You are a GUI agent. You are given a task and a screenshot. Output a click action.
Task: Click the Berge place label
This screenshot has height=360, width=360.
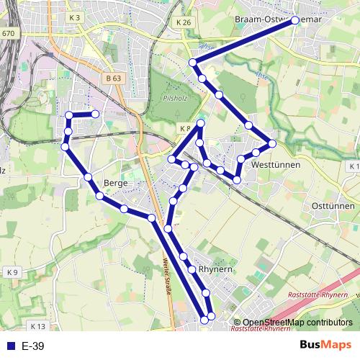(115, 183)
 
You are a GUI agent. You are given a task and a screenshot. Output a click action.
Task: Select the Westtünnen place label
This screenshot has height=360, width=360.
(276, 165)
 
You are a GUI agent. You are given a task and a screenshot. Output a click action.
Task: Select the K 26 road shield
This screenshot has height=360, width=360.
(183, 22)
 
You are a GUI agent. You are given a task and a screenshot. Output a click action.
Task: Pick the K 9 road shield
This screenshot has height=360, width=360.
(12, 272)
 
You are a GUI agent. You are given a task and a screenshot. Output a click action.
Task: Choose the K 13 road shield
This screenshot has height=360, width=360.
(37, 325)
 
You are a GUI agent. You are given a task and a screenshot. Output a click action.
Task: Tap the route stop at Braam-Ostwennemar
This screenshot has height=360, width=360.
(295, 21)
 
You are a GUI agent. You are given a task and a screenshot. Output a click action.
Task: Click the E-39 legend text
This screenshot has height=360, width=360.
(33, 346)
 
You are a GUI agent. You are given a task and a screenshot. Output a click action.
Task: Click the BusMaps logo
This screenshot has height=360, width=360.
(326, 346)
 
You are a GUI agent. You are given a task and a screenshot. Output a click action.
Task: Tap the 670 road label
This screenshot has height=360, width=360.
(8, 33)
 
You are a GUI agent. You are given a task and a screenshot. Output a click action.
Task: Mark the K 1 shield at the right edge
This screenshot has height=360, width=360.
(353, 166)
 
